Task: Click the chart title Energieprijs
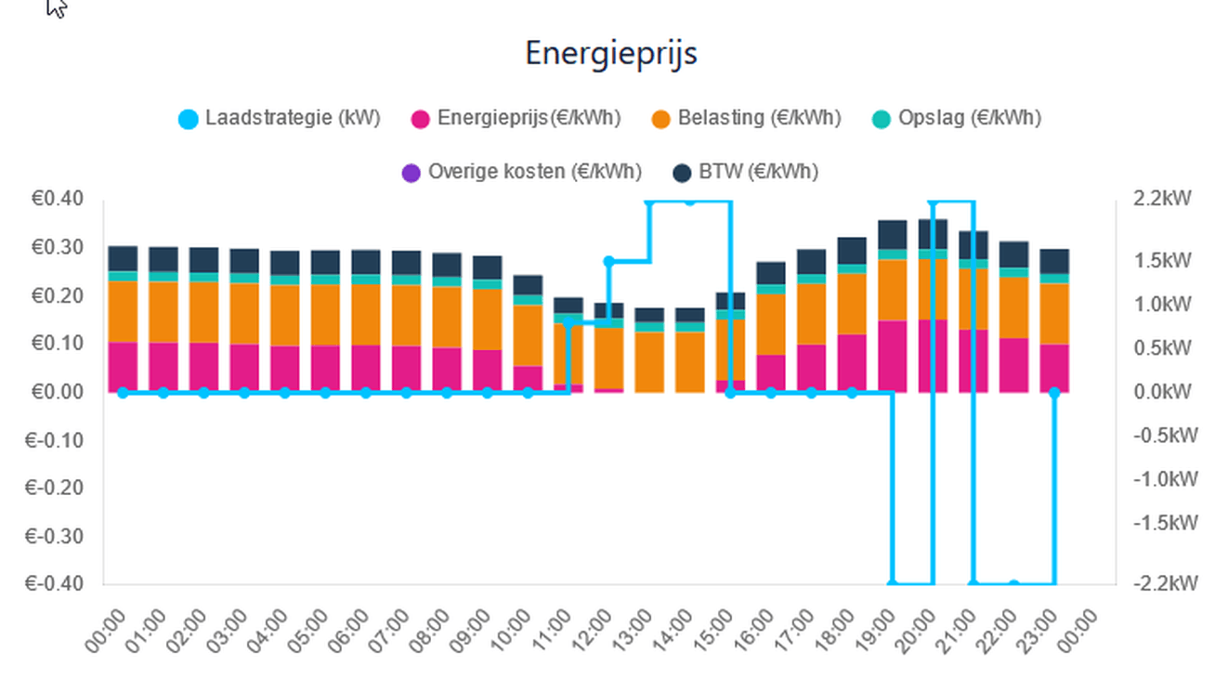point(610,53)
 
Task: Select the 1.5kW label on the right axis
point(1161,260)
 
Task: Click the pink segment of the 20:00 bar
point(933,356)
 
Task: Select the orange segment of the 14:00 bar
point(689,362)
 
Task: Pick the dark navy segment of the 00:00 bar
point(123,258)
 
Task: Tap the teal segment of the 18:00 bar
point(852,268)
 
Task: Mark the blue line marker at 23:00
point(1054,393)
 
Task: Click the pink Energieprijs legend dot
point(420,119)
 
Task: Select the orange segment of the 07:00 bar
point(406,316)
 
